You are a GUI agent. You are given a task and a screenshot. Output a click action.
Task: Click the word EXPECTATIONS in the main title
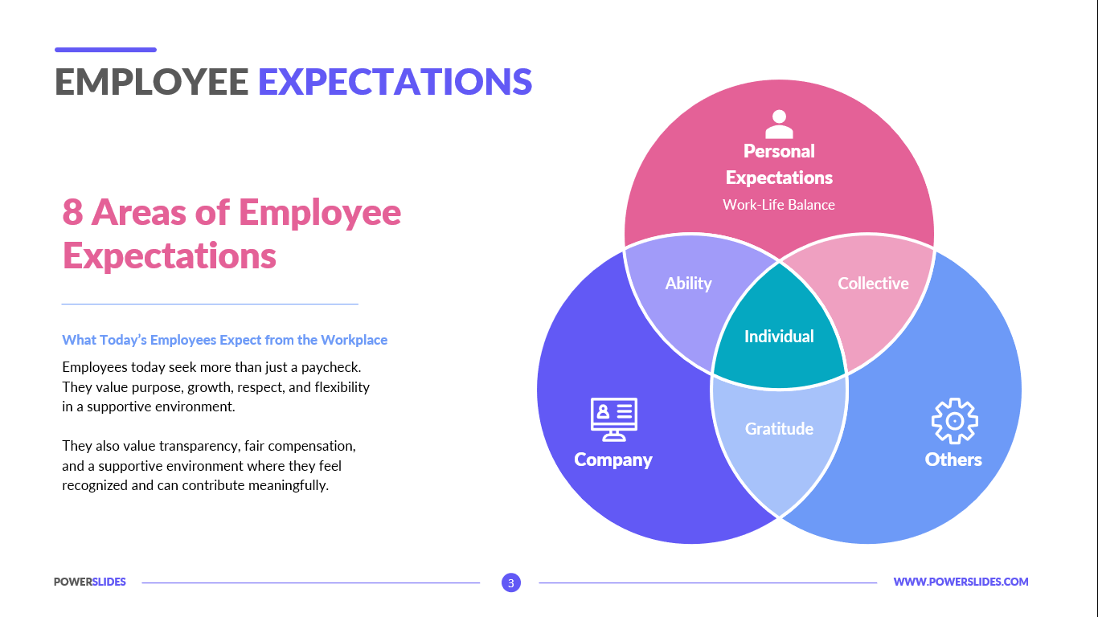pyautogui.click(x=395, y=82)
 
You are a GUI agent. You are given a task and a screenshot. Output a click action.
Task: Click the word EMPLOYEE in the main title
pyautogui.click(x=152, y=82)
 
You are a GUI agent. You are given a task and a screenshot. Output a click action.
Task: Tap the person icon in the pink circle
pyautogui.click(x=779, y=125)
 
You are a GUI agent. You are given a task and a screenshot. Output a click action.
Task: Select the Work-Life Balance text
pyautogui.click(x=778, y=205)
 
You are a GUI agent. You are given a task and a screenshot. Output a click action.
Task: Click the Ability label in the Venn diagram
pyautogui.click(x=688, y=284)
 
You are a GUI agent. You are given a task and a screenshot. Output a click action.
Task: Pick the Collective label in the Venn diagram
pyautogui.click(x=873, y=284)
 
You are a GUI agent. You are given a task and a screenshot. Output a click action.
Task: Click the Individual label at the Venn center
pyautogui.click(x=779, y=337)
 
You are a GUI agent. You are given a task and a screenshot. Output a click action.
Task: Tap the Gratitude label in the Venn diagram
pyautogui.click(x=779, y=429)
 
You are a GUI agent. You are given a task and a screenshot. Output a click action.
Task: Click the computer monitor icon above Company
pyautogui.click(x=613, y=419)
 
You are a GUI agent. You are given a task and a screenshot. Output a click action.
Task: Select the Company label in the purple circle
pyautogui.click(x=613, y=460)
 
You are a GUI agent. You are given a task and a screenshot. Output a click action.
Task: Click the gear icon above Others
pyautogui.click(x=954, y=421)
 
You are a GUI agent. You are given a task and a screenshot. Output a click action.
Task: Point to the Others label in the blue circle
pyautogui.click(x=953, y=460)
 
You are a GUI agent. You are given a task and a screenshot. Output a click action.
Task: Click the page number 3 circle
pyautogui.click(x=511, y=582)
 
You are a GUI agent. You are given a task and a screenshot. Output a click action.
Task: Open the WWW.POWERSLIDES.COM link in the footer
pyautogui.click(x=961, y=582)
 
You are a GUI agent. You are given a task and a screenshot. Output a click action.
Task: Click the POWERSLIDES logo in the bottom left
pyautogui.click(x=90, y=582)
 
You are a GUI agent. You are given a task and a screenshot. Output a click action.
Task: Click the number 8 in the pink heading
pyautogui.click(x=72, y=213)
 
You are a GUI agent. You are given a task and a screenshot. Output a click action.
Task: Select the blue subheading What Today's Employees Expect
pyautogui.click(x=224, y=340)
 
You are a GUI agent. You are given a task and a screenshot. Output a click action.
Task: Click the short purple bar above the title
pyautogui.click(x=105, y=50)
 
